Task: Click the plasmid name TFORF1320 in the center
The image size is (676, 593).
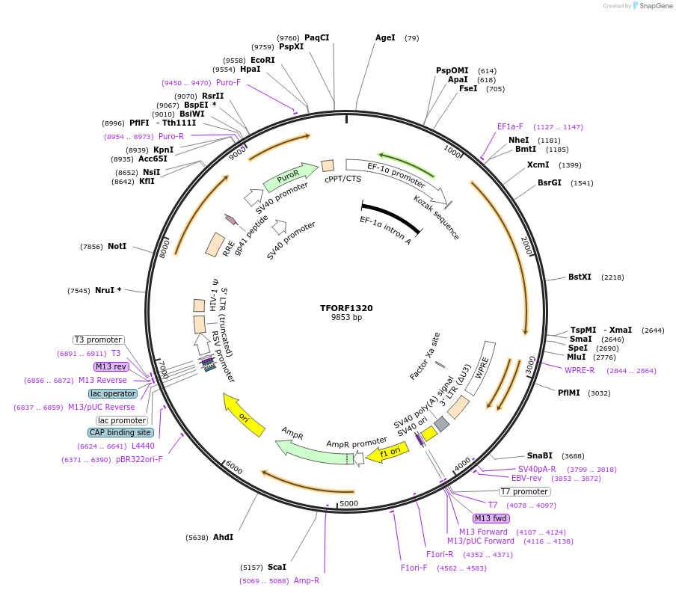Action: coord(346,307)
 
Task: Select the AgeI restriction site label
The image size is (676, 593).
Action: coord(385,37)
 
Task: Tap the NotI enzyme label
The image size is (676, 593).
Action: coord(117,246)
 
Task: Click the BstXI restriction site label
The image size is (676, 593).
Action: coord(580,277)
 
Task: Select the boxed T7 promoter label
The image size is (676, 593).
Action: coord(524,491)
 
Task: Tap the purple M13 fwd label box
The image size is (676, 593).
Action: coord(491,518)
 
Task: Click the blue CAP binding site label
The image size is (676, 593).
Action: coord(120,432)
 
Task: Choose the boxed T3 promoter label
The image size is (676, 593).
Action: coord(98,339)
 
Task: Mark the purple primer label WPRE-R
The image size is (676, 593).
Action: coord(580,370)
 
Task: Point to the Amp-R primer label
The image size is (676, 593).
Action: coord(307,580)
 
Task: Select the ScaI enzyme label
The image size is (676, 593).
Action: coord(277,567)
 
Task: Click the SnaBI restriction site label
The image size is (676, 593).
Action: coord(539,455)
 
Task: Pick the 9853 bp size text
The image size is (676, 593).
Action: coord(346,317)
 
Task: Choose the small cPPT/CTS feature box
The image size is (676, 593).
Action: coord(328,165)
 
